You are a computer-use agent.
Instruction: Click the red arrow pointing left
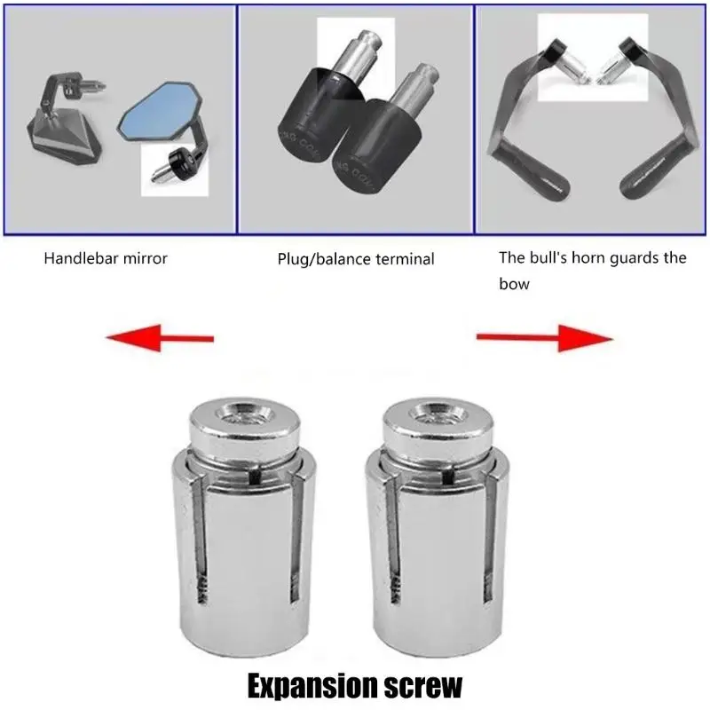(x=160, y=338)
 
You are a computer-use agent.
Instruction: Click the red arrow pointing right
(x=545, y=338)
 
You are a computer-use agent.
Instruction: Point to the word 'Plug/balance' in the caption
(x=324, y=259)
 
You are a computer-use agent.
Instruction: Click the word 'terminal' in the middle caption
(x=405, y=259)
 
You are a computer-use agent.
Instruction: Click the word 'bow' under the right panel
(x=514, y=284)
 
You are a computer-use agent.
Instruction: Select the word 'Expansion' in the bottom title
(x=313, y=687)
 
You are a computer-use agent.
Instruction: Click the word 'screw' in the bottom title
(x=423, y=687)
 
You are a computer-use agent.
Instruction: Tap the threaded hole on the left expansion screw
(x=245, y=413)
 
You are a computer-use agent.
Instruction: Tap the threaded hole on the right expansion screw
(x=438, y=413)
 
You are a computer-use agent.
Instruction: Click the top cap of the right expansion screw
(x=438, y=427)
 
